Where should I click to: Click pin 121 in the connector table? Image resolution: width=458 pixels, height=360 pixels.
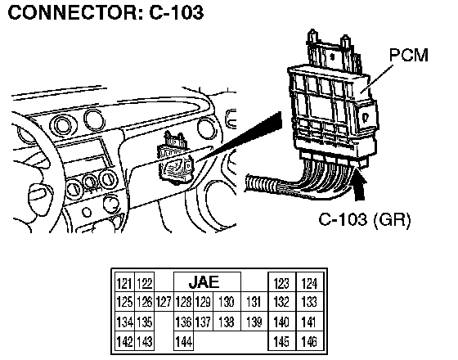pos(124,283)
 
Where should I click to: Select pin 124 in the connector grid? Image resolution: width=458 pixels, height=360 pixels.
pos(310,283)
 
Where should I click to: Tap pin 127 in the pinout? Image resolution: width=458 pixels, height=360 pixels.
pos(164,302)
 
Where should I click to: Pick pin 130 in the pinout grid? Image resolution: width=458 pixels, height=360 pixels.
pos(227,302)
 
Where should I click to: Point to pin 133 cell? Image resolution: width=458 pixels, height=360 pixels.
pos(310,302)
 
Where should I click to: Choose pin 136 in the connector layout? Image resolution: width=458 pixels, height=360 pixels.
pos(183,322)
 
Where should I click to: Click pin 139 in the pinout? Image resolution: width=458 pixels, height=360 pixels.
pos(254,322)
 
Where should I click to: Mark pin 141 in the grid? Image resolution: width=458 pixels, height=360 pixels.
pos(310,322)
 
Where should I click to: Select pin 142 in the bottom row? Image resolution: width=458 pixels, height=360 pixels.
pos(124,340)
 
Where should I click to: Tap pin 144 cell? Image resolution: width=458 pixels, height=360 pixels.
pos(183,340)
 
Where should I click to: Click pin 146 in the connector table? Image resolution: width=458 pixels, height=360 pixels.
pos(310,340)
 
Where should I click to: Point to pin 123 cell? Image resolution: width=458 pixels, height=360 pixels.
pos(282,283)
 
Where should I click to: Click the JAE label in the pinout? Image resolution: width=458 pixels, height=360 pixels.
pos(204,282)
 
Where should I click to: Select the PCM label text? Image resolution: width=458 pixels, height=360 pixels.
pos(409,55)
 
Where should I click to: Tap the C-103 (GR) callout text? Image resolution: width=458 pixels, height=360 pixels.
pos(365,219)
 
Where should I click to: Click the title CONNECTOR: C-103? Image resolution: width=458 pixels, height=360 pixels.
pos(106,12)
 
